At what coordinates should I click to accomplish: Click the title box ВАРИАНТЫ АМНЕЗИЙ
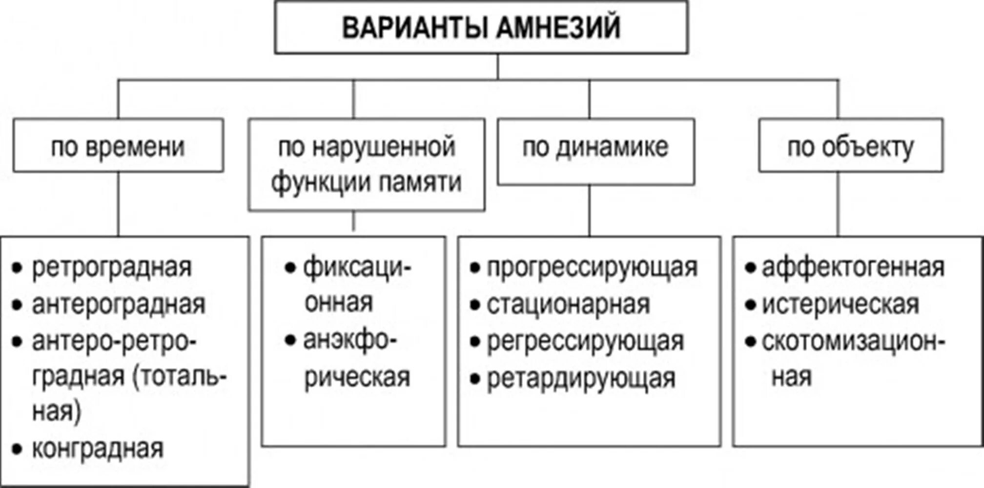pos(481,27)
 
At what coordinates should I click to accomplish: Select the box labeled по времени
pos(118,146)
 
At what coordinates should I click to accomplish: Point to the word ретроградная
pos(112,267)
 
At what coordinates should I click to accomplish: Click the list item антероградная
pos(119,305)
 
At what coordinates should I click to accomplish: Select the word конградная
pos(98,448)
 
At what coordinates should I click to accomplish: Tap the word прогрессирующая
pos(592,267)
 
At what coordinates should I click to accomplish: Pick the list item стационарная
pos(568,305)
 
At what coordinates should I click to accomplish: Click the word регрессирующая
pos(585,341)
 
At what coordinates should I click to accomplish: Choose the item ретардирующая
pos(581,378)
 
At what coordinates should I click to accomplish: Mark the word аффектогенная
pos(853,267)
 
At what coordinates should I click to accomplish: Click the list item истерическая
pos(840,305)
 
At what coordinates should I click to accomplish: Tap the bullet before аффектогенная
pos(750,268)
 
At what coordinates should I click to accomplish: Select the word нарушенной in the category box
pos(384,146)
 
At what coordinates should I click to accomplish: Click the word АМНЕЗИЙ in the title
pos(559,27)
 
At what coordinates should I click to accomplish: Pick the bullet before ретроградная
pos(18,268)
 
